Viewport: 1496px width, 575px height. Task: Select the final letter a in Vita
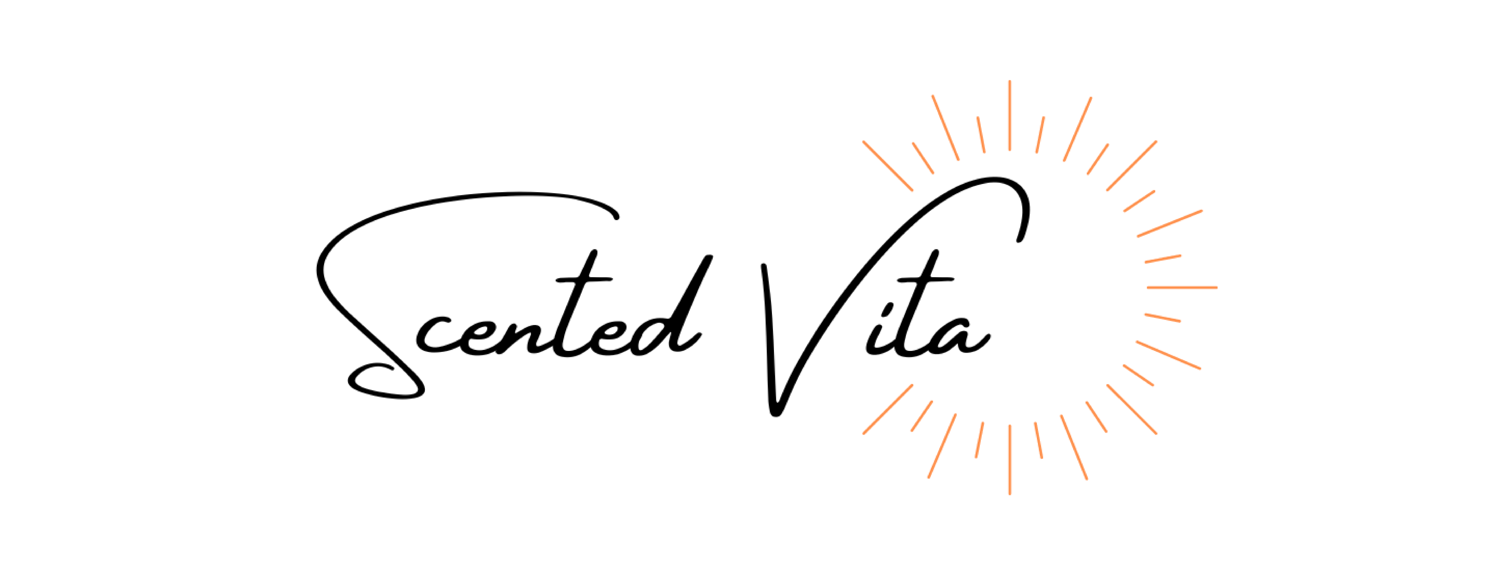(x=958, y=337)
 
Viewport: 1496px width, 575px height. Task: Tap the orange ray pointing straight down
(x=1010, y=459)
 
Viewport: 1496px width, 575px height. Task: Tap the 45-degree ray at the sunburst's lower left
(x=887, y=409)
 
